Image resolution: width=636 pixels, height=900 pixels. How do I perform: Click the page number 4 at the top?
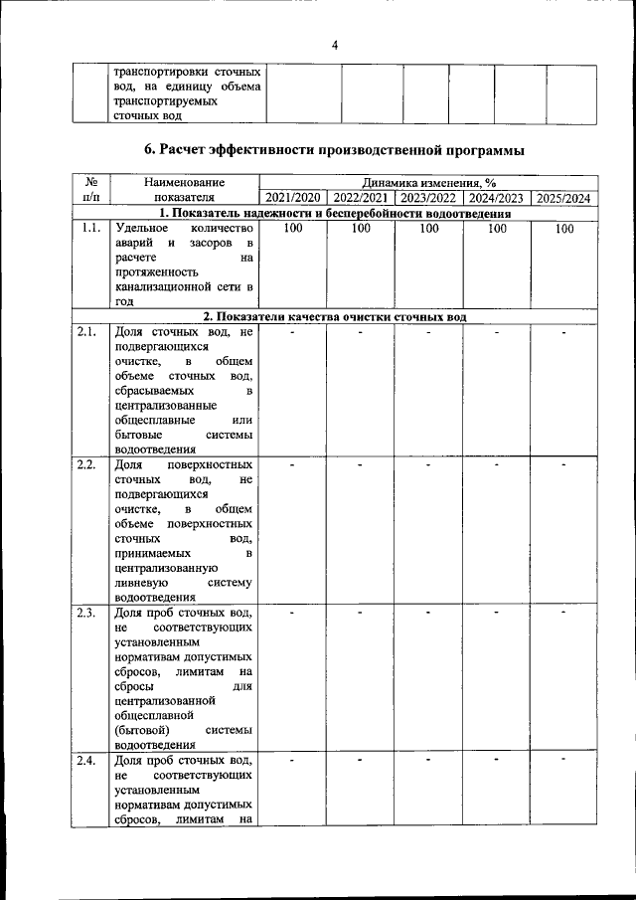(x=334, y=45)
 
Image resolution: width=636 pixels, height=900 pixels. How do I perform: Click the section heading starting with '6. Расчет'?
(x=334, y=149)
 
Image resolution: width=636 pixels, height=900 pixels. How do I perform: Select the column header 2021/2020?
(x=292, y=198)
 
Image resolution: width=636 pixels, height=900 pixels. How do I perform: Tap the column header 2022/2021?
(x=361, y=198)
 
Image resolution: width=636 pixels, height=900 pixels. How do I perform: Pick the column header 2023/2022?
(x=428, y=198)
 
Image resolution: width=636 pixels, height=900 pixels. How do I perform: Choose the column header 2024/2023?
(x=496, y=198)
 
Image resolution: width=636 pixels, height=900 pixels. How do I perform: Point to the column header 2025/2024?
(x=563, y=198)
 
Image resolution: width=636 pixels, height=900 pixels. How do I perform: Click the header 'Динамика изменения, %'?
(x=428, y=183)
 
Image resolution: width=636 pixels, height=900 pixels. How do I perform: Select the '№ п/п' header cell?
(x=90, y=190)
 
